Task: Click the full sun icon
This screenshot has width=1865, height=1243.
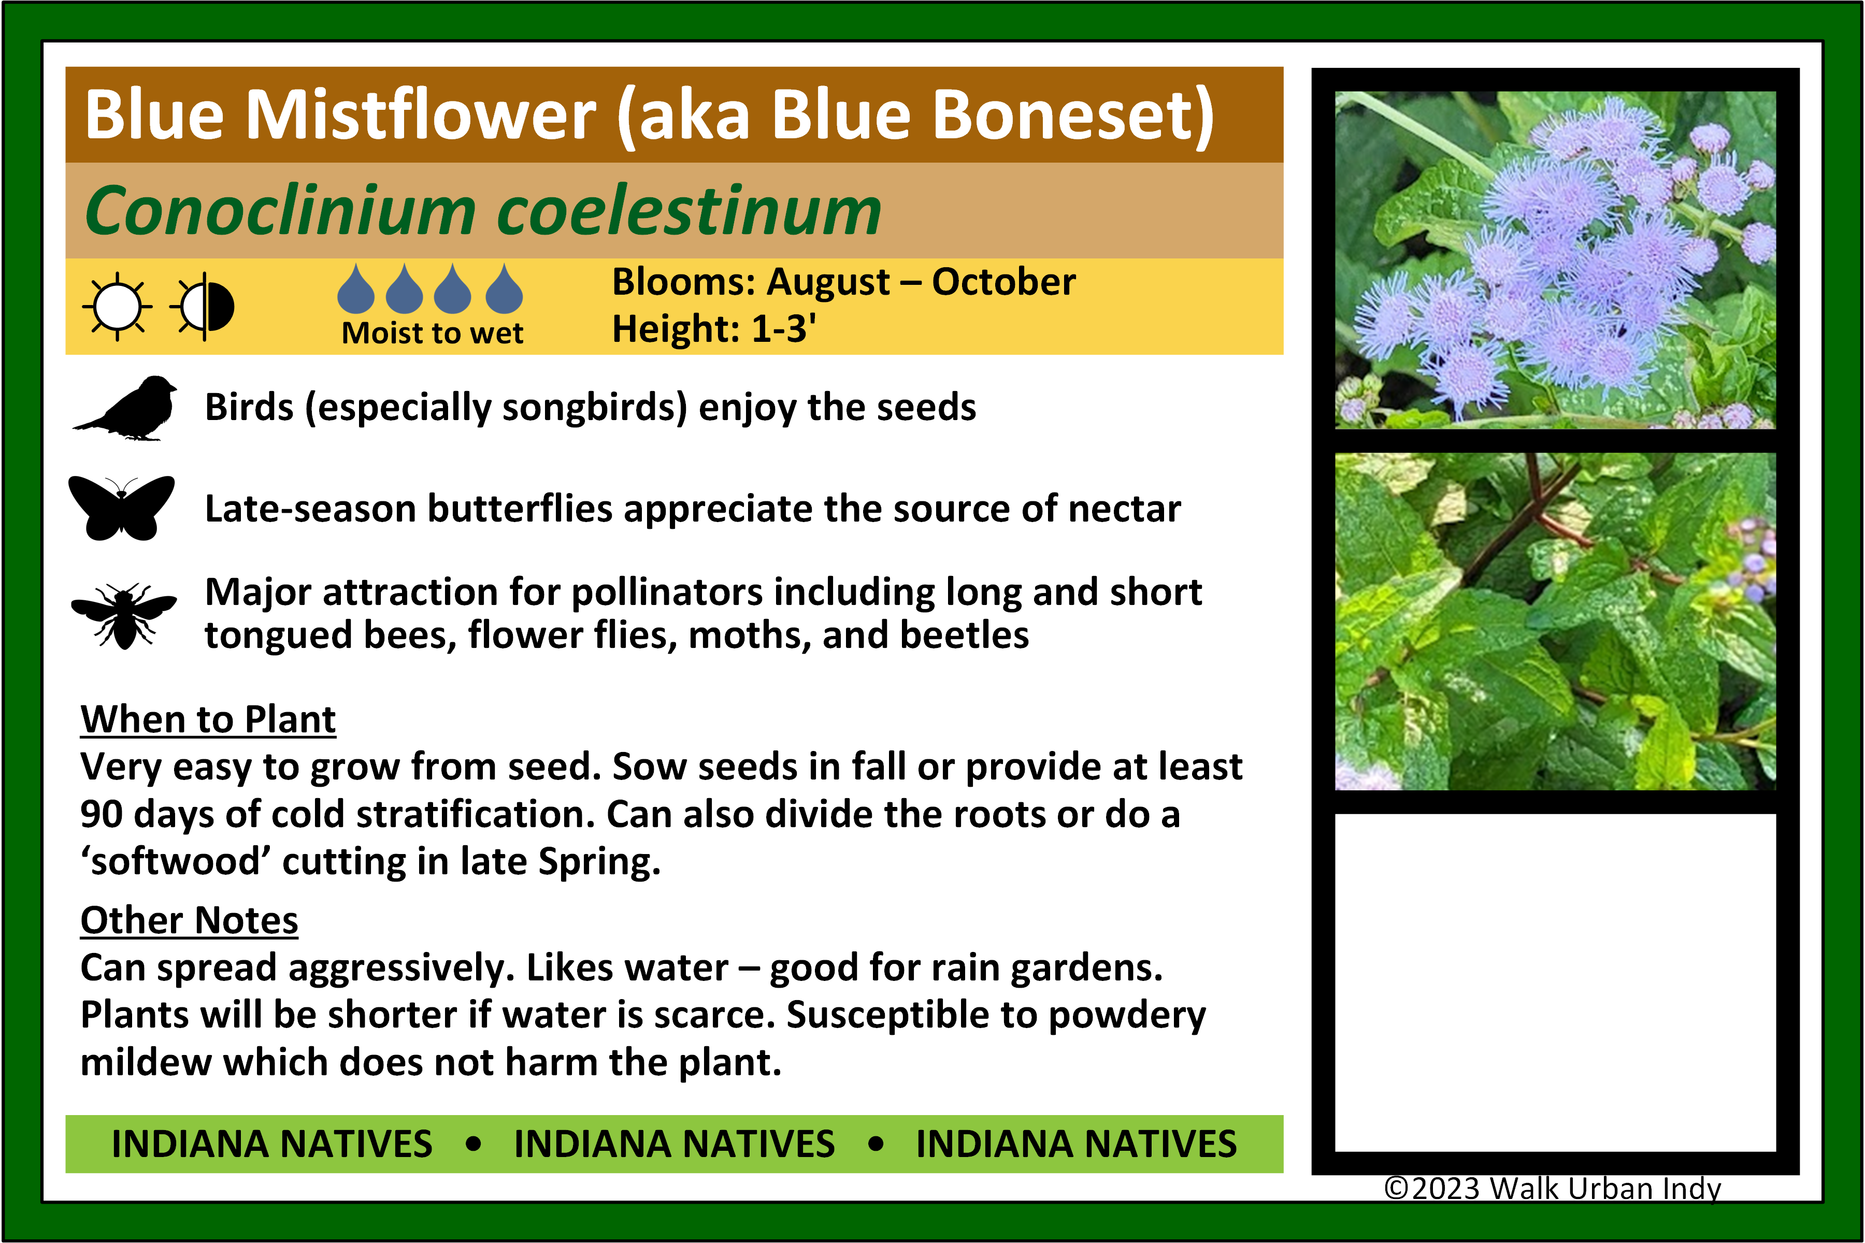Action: point(118,306)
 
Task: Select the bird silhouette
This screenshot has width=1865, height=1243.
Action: point(125,408)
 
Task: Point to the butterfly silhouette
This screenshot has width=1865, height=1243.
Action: point(121,508)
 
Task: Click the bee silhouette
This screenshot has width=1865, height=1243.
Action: point(124,616)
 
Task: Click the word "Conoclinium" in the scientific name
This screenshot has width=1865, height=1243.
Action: point(280,210)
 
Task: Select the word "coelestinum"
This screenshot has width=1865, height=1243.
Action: point(690,210)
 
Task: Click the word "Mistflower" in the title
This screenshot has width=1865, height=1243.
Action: point(420,115)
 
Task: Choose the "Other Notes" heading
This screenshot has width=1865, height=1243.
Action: point(190,920)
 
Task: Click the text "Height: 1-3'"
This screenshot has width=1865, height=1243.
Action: point(714,328)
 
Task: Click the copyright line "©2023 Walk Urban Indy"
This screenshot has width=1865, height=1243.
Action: point(1553,1188)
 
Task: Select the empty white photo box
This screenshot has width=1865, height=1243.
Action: point(1555,982)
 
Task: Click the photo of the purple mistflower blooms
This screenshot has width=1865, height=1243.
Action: point(1555,260)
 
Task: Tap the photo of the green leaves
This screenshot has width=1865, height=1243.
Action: point(1555,621)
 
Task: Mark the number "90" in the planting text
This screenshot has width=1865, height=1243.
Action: point(102,814)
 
